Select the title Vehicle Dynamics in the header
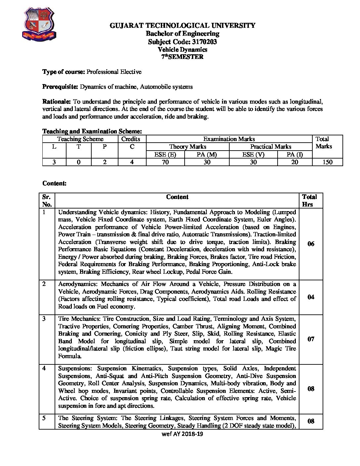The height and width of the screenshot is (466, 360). [x=182, y=50]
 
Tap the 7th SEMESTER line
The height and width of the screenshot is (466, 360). [x=182, y=57]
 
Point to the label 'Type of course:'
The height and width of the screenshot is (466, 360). [x=64, y=72]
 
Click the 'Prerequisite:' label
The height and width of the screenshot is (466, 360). [x=60, y=87]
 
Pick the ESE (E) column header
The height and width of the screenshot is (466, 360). [x=165, y=154]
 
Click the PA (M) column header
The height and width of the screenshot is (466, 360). [x=207, y=154]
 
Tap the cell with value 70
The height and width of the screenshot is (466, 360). [x=165, y=162]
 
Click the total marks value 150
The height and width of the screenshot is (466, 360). [x=327, y=162]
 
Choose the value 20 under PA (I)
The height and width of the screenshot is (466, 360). [x=294, y=162]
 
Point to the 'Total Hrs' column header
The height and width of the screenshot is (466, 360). [x=309, y=201]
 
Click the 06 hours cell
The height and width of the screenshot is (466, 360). [x=311, y=244]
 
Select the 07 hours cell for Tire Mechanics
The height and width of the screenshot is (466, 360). [x=311, y=339]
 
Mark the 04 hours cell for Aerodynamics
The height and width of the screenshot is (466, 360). [x=311, y=297]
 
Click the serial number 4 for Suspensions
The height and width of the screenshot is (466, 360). [x=44, y=368]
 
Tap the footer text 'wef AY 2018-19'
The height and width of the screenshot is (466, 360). [x=182, y=434]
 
